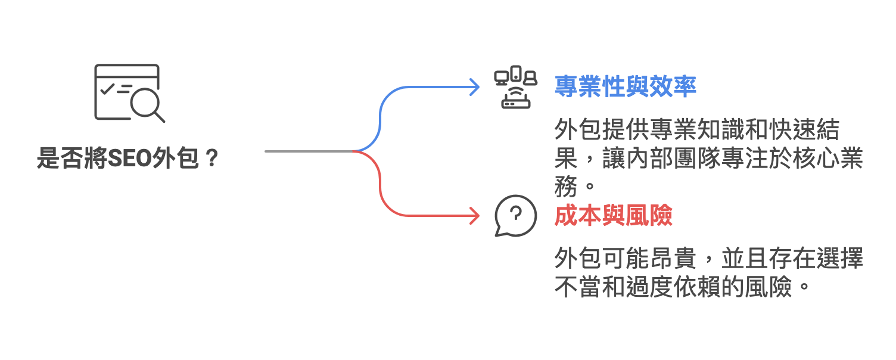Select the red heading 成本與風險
click(613, 216)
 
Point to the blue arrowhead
click(475, 87)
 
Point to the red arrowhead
click(475, 216)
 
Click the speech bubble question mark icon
click(515, 215)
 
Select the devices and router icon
click(515, 87)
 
